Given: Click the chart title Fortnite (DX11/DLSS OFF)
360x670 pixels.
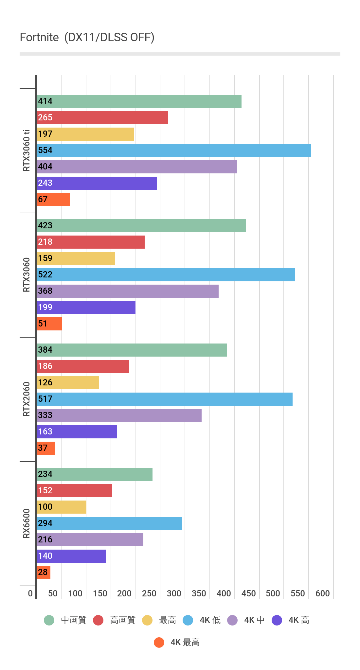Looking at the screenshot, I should coord(87,38).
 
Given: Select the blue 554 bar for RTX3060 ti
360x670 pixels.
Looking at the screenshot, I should coord(173,150).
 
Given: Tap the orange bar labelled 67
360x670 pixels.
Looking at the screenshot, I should coord(53,200).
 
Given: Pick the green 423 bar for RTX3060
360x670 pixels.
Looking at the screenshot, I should coord(141,226).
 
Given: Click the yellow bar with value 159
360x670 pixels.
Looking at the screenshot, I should coord(76,258).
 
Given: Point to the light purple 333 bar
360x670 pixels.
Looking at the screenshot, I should coord(119,415).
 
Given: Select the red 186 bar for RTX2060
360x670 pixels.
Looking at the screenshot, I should coord(82,366).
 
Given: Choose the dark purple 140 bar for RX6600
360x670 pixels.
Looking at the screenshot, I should coord(71,556).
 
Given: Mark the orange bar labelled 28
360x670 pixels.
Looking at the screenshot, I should coord(43,573).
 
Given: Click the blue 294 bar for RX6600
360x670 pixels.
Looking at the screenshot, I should coord(109,523).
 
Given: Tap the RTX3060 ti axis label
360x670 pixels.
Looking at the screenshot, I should coord(27,150).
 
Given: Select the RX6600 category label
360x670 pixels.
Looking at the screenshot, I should coord(27,523).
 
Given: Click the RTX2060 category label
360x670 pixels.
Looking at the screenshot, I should coord(27,399).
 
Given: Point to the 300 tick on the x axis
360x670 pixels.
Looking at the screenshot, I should coord(174,593).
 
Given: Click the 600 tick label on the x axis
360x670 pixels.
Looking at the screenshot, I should coord(322,593).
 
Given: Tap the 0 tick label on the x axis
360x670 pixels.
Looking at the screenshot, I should coord(30,593).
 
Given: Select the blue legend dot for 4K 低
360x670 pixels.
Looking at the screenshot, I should coord(188,620).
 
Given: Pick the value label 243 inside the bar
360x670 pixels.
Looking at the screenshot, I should coord(45,183).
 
